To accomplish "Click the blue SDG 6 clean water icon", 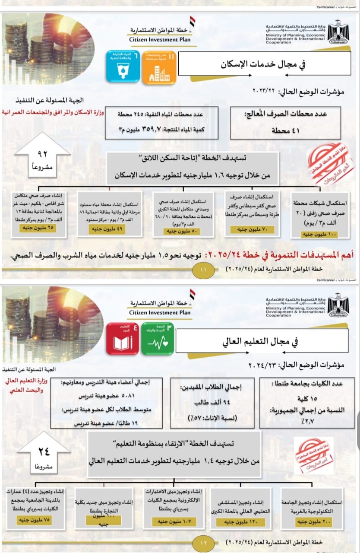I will click(123, 67).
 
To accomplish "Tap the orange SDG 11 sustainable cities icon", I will click(159, 67).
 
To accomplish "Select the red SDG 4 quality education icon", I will click(123, 339).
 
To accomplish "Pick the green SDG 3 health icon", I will click(158, 339).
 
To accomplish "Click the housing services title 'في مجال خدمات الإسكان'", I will click(263, 65).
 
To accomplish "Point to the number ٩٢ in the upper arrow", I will click(42, 154).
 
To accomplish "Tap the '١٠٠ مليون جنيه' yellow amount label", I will click(320, 234).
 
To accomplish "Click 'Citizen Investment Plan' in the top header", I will click(160, 39).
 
